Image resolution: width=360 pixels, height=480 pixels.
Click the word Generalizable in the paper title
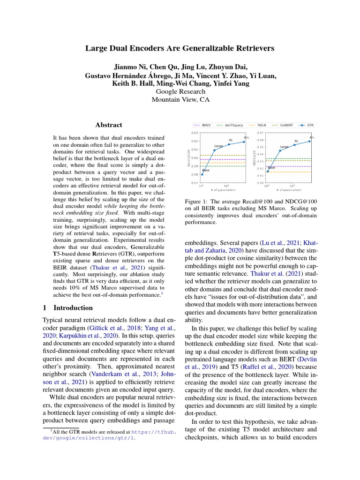(x=216, y=48)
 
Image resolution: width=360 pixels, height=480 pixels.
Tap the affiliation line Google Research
(x=180, y=91)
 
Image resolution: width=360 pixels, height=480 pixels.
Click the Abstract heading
(x=109, y=125)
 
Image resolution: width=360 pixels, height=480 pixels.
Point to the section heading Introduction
(x=73, y=308)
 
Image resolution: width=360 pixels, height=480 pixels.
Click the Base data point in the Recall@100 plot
(x=202, y=174)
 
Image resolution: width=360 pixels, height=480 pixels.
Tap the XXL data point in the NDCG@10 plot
(x=309, y=141)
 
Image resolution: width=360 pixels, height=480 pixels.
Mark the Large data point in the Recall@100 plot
(x=215, y=150)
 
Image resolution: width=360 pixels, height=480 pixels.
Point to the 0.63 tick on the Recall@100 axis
(x=194, y=133)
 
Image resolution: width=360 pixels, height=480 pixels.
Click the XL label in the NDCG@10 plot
(x=296, y=141)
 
